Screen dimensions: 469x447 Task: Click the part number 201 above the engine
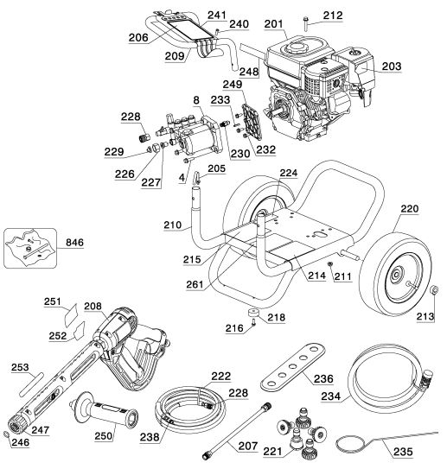coord(275,23)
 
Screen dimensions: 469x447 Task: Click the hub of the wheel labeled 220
coord(400,277)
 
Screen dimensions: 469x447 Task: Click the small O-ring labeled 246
coord(9,434)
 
